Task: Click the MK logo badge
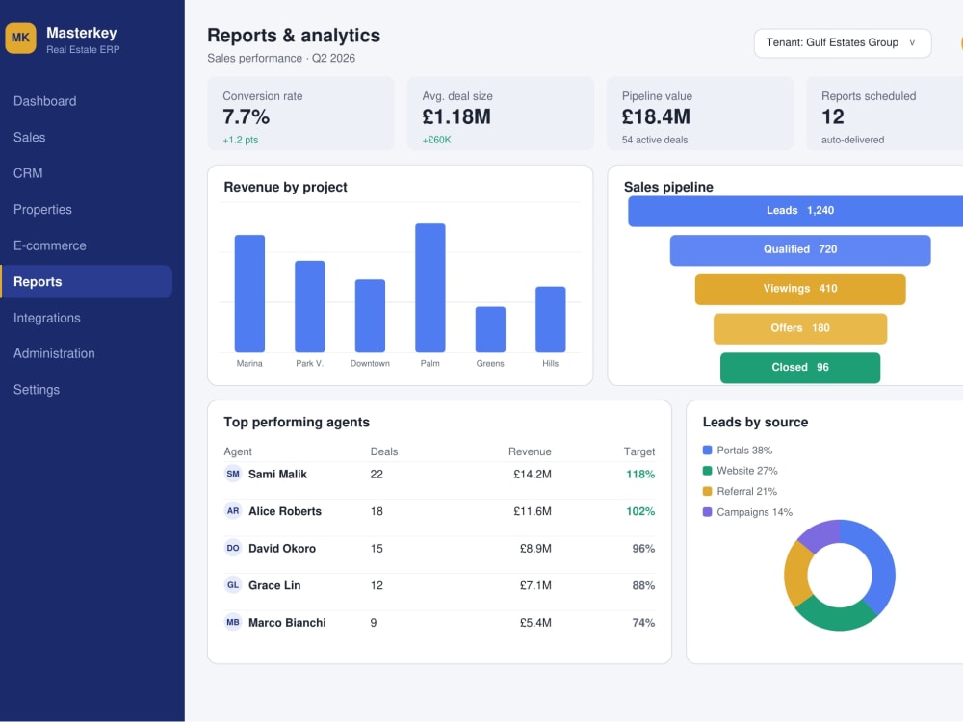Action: pos(20,39)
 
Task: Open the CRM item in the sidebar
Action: pos(28,173)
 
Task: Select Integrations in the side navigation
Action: pos(46,318)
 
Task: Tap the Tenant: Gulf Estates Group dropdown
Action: pos(842,43)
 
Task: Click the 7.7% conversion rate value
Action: pos(247,116)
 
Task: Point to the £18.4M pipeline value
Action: pos(656,116)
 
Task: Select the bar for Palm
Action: pos(429,288)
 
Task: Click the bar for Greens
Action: pos(490,329)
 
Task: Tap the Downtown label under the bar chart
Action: pos(370,364)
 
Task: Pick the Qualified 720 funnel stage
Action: pos(799,250)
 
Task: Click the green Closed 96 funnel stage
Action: pos(799,367)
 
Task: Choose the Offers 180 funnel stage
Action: pos(799,328)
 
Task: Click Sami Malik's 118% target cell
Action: pos(640,474)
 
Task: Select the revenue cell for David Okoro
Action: pos(535,549)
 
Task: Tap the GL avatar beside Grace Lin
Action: pos(233,585)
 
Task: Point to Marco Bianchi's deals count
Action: pos(374,623)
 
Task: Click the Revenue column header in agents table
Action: pos(530,451)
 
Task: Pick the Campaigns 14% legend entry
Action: pos(747,512)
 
